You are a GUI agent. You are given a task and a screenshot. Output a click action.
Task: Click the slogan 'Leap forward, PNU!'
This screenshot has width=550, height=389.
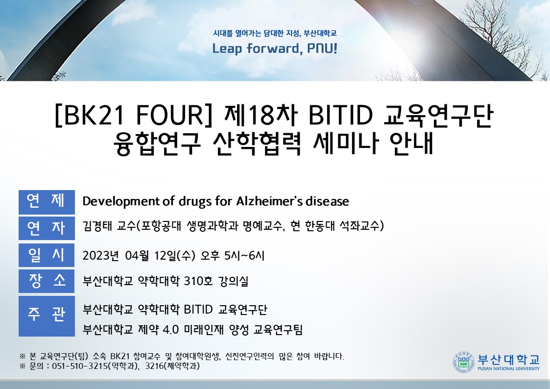[275, 49]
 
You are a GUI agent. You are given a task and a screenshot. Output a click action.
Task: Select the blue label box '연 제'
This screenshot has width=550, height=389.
[47, 201]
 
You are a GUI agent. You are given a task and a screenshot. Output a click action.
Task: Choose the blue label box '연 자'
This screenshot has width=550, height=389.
[47, 228]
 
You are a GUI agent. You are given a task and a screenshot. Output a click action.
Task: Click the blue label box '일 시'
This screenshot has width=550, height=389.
[47, 255]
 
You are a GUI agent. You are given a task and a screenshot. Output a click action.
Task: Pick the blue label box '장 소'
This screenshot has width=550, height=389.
[47, 281]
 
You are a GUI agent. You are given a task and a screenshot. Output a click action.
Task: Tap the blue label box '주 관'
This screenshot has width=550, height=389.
[47, 316]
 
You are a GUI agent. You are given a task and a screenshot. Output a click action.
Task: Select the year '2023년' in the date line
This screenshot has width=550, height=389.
[102, 255]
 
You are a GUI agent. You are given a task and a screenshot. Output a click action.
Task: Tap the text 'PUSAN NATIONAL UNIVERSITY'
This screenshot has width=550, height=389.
[508, 369]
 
